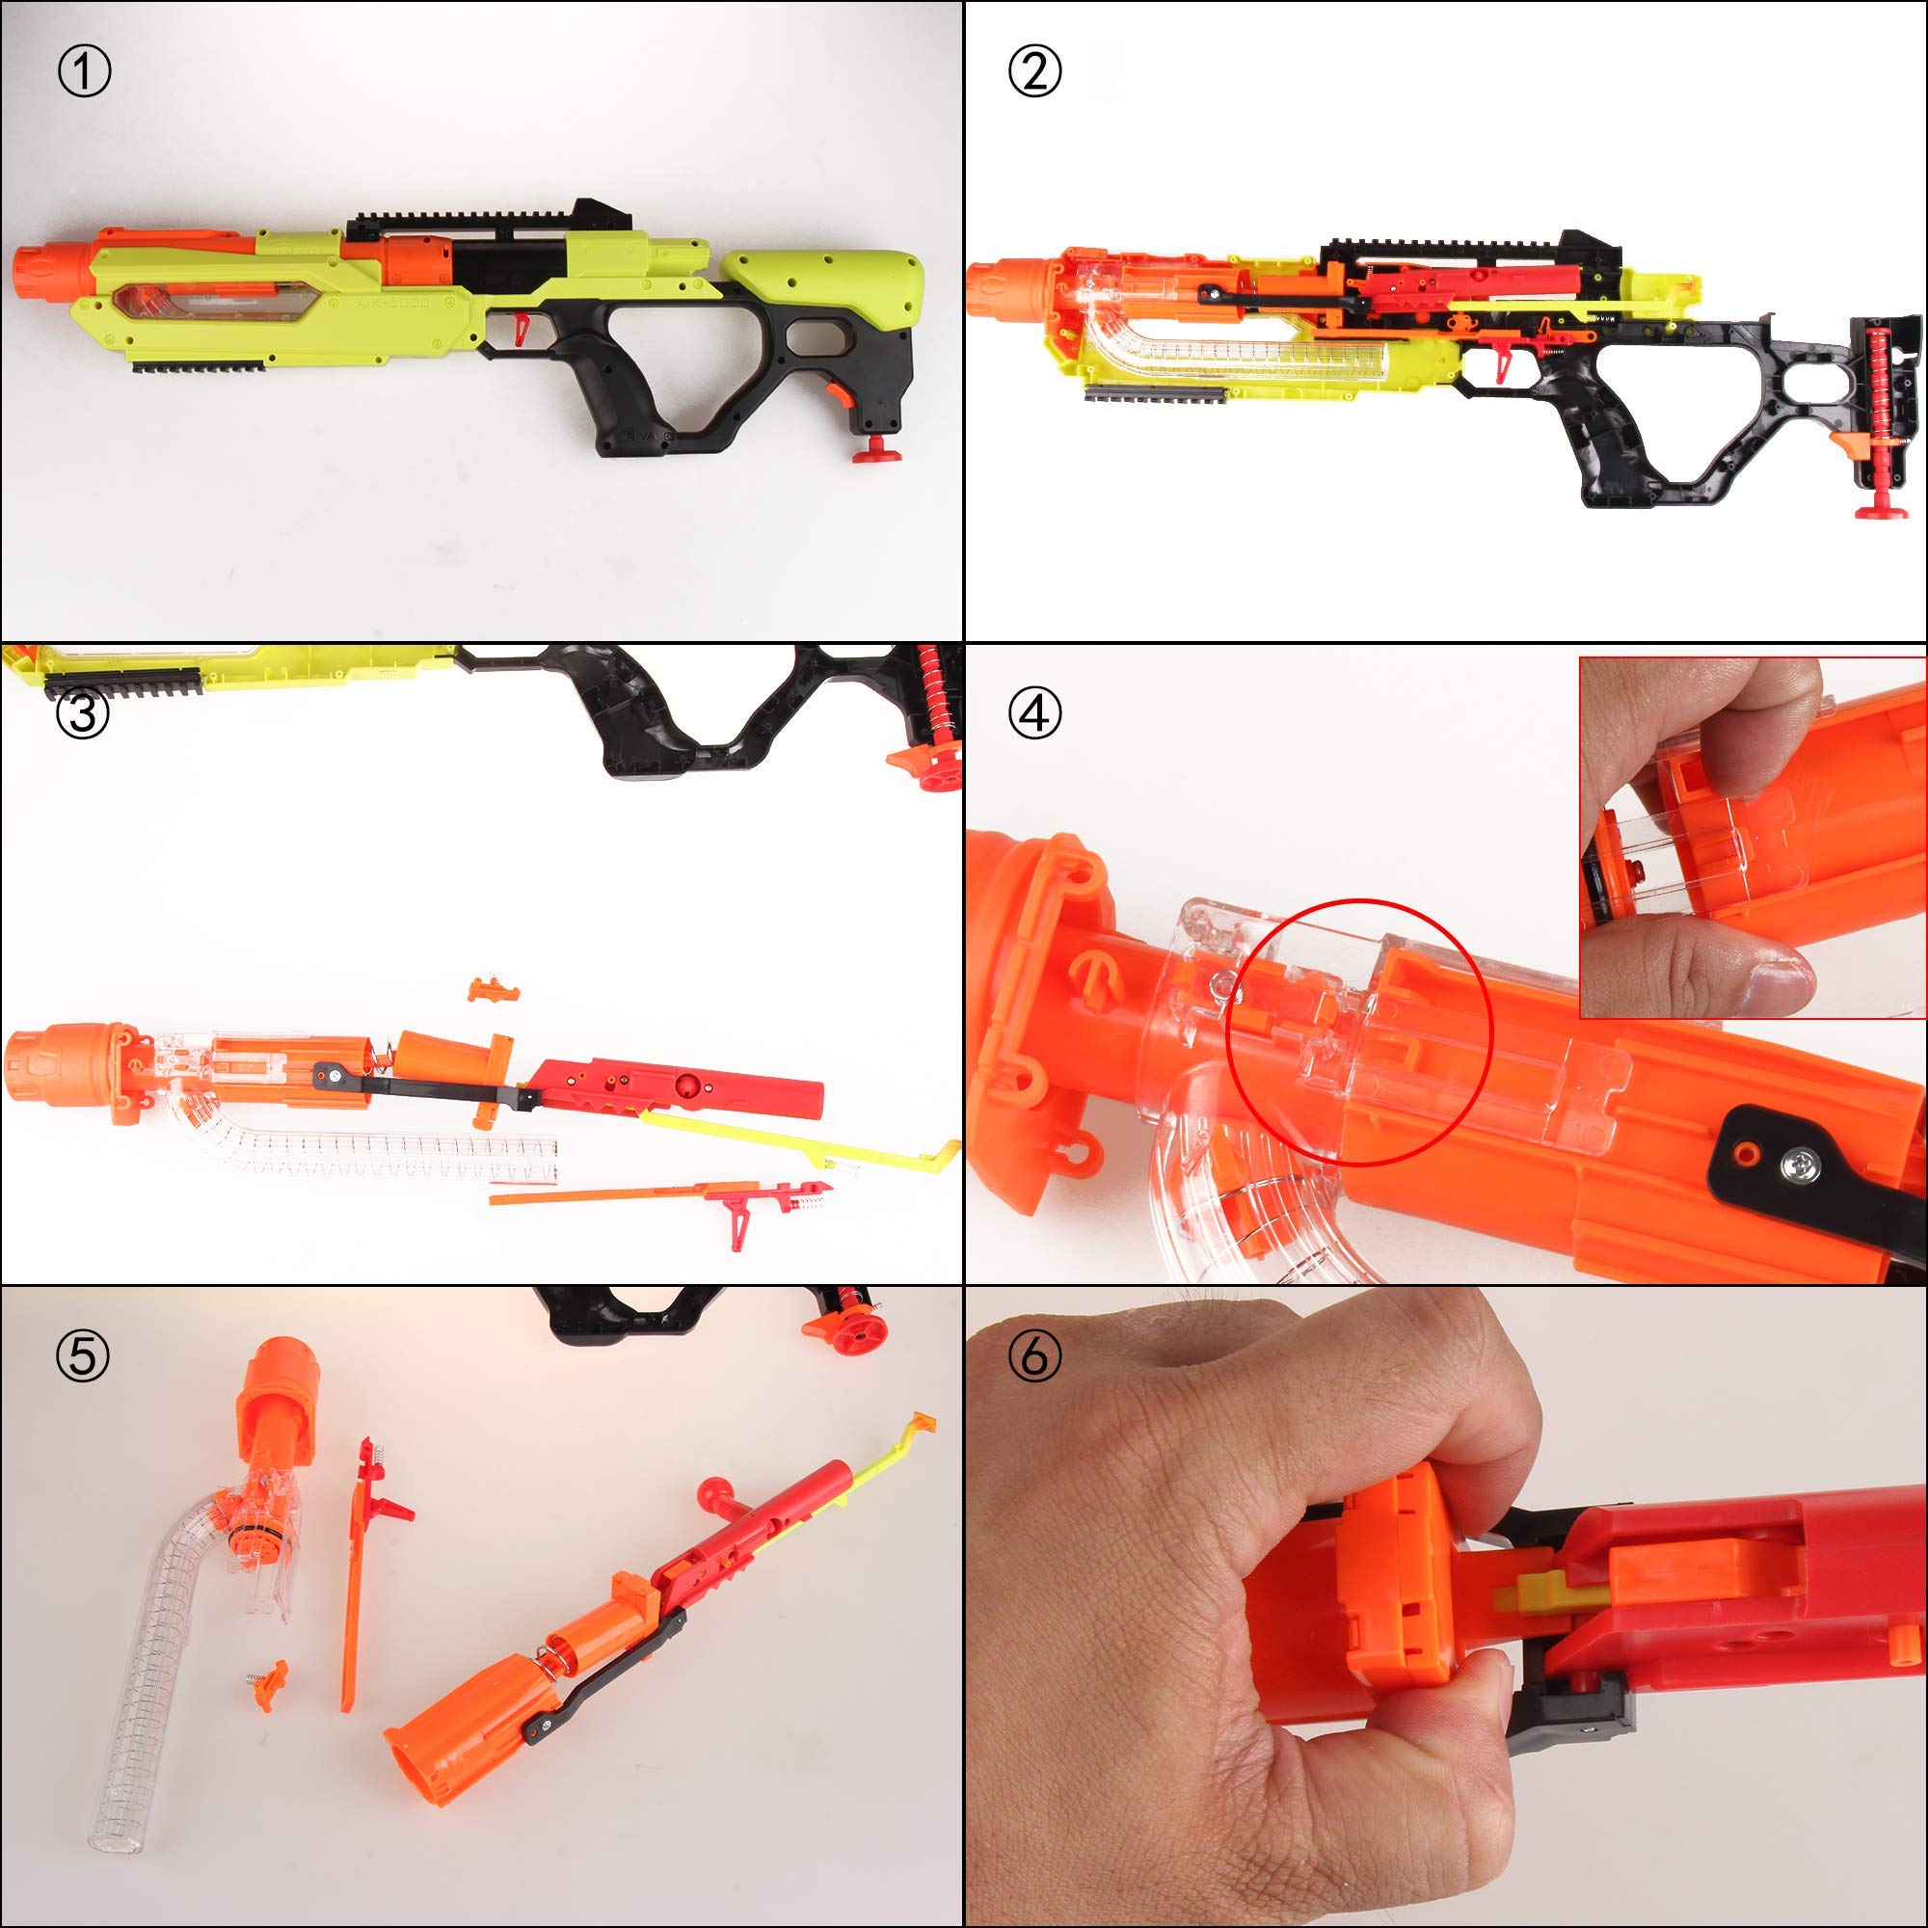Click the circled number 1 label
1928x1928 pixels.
(x=84, y=72)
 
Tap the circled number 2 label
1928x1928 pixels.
(x=1034, y=72)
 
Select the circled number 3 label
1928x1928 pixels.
(x=83, y=713)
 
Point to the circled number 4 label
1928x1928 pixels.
(x=1034, y=714)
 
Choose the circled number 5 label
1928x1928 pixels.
(x=83, y=1356)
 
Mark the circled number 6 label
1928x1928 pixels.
(x=1034, y=1356)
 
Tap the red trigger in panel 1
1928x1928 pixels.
(x=521, y=325)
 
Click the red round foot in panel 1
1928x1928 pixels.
(x=876, y=451)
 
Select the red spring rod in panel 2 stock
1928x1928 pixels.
(x=1882, y=409)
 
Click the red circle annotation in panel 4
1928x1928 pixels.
(x=1358, y=1031)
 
